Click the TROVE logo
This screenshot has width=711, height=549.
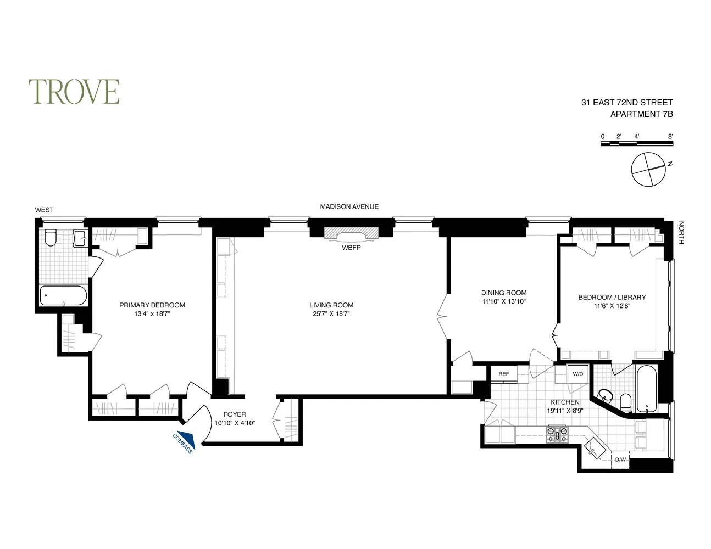point(74,92)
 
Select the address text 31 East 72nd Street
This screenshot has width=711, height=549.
point(627,103)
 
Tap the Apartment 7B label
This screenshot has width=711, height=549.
point(641,115)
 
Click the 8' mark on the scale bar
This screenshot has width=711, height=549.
point(670,136)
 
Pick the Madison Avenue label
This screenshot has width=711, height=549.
point(349,206)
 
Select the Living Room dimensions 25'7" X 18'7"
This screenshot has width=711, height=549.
point(331,314)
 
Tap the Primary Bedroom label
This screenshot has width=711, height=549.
point(152,305)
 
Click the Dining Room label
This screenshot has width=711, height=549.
point(504,293)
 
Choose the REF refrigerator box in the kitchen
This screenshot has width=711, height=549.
point(504,374)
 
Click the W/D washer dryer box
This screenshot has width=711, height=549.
point(577,374)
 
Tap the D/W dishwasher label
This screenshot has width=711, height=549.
point(621,460)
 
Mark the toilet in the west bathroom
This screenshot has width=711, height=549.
point(51,238)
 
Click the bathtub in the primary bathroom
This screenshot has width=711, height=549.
point(63,296)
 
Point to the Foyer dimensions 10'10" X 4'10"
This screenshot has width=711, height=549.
point(235,423)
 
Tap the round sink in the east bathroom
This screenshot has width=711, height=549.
point(605,395)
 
